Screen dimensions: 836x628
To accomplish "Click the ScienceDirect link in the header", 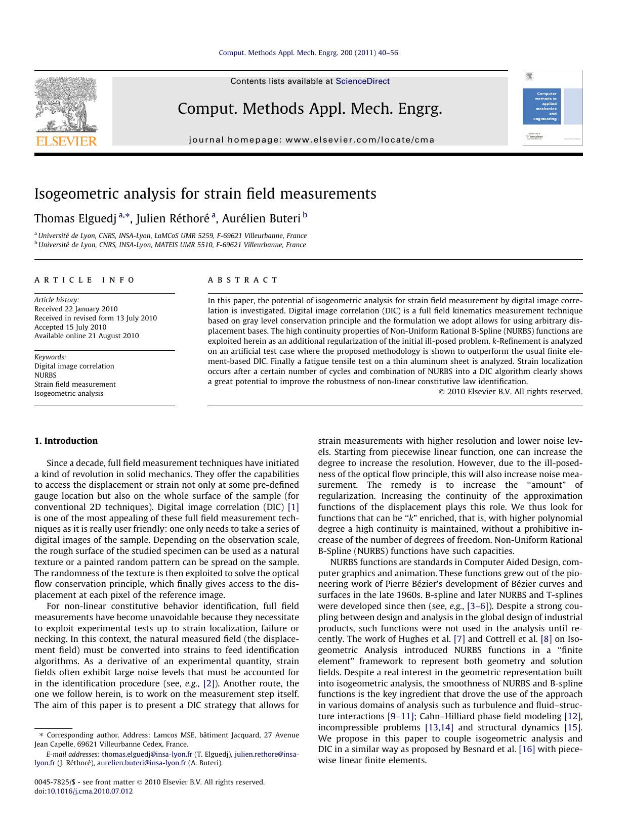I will (x=362, y=81).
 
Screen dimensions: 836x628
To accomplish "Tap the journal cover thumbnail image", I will (x=552, y=108).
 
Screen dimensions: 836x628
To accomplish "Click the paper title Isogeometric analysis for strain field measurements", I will (x=205, y=194).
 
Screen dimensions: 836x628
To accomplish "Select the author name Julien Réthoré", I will (x=173, y=218).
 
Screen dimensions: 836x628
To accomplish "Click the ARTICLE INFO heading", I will (x=85, y=280).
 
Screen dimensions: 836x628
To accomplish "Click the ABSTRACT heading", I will (x=242, y=280).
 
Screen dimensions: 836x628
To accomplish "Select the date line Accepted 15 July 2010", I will (x=70, y=327).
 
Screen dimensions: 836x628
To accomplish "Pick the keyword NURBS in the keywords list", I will (x=46, y=375).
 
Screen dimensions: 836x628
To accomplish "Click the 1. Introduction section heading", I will (x=66, y=441).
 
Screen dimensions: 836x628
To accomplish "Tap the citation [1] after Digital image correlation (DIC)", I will (x=293, y=507).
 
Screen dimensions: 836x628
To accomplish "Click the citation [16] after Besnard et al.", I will (x=527, y=749).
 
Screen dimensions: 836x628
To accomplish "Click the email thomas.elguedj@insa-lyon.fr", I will (x=147, y=754).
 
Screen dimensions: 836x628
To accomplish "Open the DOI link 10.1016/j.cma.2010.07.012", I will (x=90, y=791).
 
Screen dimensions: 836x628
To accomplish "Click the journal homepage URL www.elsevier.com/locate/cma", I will (x=360, y=140).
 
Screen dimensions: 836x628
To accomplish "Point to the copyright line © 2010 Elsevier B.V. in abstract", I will (x=510, y=392).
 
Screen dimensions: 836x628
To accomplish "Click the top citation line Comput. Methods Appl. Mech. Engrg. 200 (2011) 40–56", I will (x=308, y=53).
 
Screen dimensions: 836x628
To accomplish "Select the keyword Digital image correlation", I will (x=74, y=366).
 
